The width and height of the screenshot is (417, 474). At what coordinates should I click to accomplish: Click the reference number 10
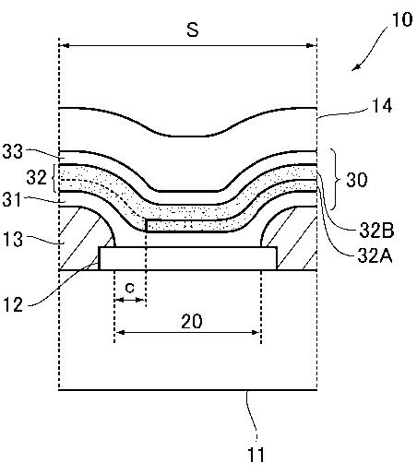401,19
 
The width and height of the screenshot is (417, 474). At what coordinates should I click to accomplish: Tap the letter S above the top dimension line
193,30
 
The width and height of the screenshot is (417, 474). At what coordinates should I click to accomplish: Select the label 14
382,106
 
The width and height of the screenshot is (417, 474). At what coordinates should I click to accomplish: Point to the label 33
13,151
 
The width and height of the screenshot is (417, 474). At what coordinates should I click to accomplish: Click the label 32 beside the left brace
36,177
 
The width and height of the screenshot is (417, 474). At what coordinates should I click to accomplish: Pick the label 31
12,199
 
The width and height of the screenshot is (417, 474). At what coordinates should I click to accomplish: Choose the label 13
13,239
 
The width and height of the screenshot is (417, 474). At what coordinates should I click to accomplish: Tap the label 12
13,305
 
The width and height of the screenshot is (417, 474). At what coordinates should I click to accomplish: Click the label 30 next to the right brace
357,180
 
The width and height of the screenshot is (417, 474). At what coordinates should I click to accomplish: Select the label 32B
376,231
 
